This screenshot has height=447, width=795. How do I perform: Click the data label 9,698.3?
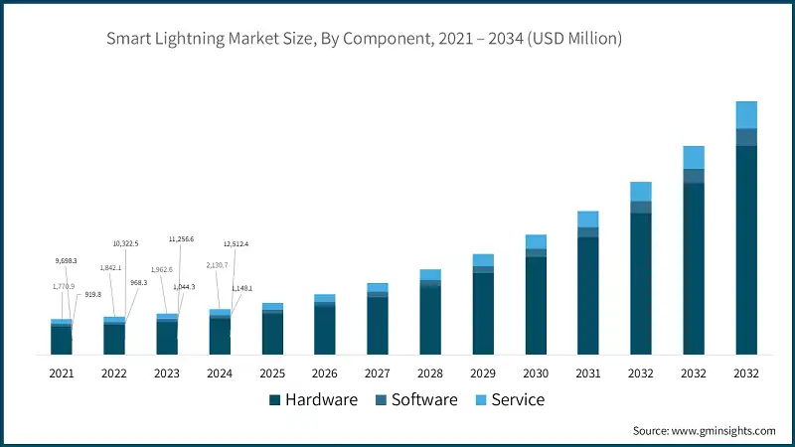click(65, 261)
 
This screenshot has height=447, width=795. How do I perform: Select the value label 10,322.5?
click(125, 243)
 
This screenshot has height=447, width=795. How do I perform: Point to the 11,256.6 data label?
click(181, 239)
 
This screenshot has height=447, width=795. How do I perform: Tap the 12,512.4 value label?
click(236, 243)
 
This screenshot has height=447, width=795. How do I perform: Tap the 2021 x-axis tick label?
click(62, 373)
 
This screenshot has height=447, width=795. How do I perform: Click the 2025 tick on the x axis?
click(272, 373)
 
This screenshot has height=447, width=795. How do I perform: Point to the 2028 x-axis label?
click(430, 373)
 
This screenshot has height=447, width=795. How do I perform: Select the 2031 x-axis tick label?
click(588, 373)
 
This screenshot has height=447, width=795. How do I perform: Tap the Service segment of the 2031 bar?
click(588, 220)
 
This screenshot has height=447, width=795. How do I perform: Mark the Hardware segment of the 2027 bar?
click(378, 326)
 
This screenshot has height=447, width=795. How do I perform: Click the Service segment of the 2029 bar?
click(483, 260)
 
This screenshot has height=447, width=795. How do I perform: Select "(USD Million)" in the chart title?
click(574, 40)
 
